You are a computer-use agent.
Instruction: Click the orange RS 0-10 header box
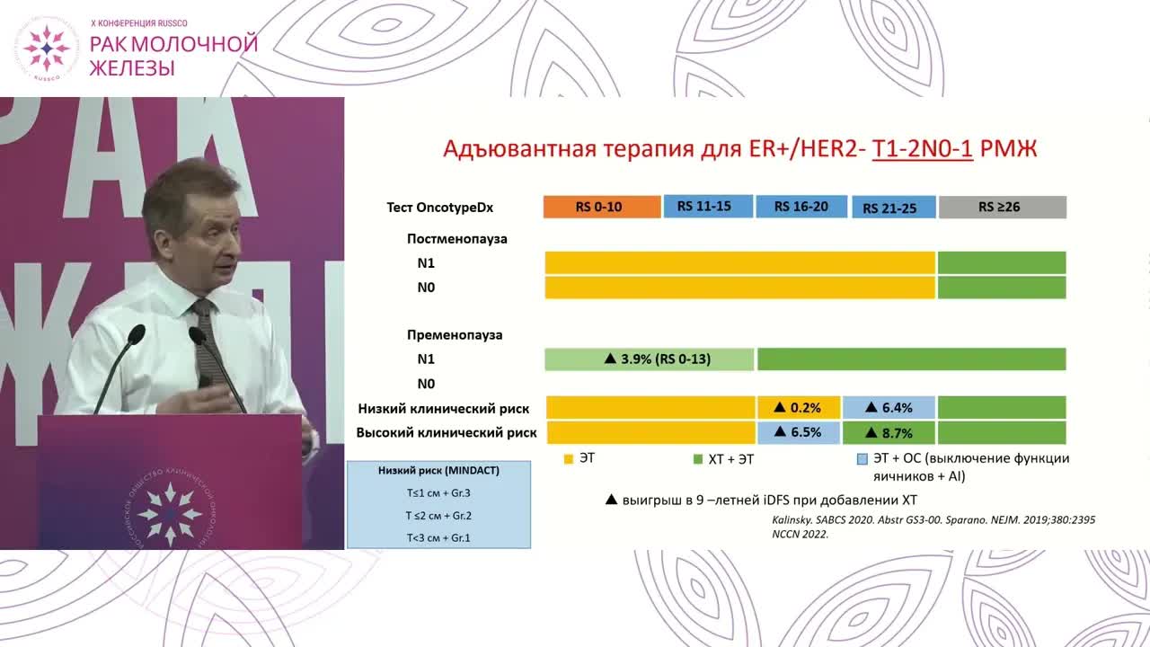[602, 207]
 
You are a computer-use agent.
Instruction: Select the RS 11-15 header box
[708, 206]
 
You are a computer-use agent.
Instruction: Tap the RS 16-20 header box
[802, 207]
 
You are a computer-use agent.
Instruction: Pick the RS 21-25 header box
[893, 208]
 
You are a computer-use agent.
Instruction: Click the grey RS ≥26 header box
[1002, 207]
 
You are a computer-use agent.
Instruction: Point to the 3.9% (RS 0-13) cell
[649, 359]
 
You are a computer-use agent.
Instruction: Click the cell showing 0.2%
[799, 408]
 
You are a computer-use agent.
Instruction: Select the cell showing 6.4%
[889, 408]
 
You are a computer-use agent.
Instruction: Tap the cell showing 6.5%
[799, 432]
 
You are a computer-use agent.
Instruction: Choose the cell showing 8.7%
[889, 432]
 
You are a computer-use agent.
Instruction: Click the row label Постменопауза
[456, 239]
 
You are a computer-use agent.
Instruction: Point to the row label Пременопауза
[455, 335]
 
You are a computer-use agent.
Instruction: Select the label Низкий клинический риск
[443, 408]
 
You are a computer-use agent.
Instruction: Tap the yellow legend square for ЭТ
[569, 459]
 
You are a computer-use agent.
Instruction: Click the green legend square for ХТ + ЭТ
[697, 459]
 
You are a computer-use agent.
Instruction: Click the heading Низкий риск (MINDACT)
[438, 470]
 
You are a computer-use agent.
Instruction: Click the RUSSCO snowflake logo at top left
[47, 49]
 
